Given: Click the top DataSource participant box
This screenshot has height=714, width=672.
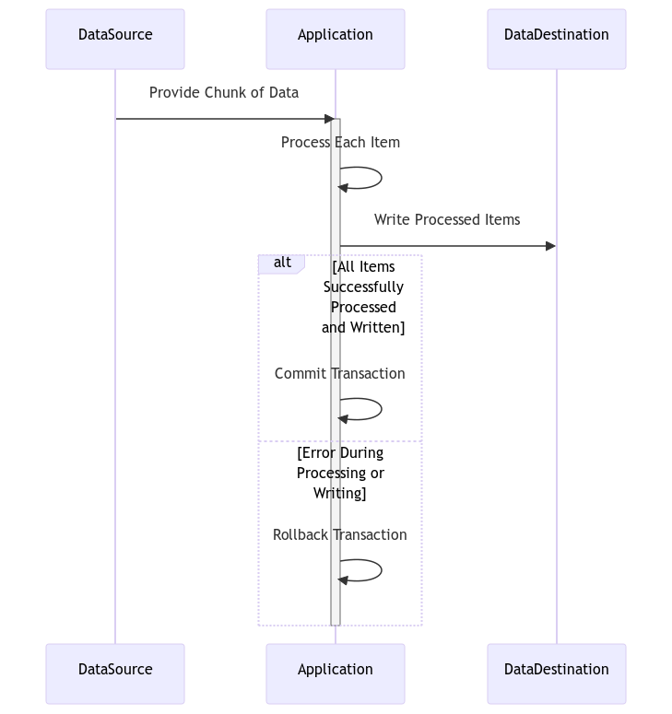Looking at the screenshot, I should click(115, 39).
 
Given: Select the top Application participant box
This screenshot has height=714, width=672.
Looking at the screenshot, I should click(336, 39).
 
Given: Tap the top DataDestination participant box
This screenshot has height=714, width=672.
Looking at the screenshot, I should click(556, 39).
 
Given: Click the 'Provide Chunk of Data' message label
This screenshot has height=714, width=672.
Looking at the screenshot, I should click(224, 93).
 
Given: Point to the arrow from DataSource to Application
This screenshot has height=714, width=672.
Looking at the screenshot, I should click(221, 119).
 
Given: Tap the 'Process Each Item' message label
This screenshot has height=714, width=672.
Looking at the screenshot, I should click(340, 143).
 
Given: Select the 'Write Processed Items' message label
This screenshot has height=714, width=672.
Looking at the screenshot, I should click(447, 220).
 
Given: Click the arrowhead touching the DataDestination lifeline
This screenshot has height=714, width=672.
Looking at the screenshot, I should click(550, 246).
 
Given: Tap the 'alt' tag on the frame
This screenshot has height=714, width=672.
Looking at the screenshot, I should click(282, 263).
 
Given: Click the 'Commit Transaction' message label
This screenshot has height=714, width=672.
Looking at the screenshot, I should click(339, 374).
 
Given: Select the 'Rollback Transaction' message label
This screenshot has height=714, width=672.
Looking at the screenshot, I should click(339, 535).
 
